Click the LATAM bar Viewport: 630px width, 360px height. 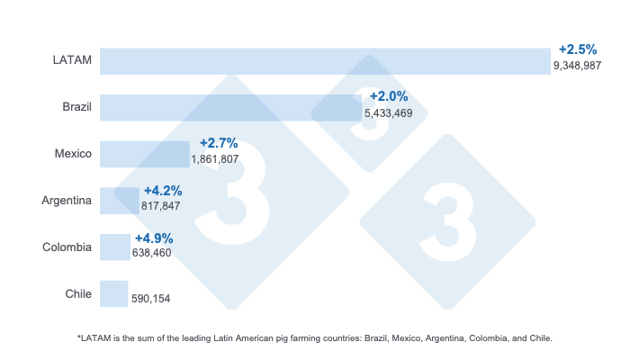[x=324, y=61]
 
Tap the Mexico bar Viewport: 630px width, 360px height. [x=144, y=154]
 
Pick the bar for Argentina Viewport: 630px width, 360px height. [x=119, y=201]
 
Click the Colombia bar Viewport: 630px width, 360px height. [x=114, y=247]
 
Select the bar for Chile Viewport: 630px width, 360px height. [x=113, y=293]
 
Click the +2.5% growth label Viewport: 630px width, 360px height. [x=578, y=49]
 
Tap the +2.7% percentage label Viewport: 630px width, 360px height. [x=218, y=143]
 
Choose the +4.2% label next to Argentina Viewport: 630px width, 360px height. [x=163, y=190]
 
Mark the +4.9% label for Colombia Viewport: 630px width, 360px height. [x=154, y=238]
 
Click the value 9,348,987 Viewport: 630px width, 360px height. [x=577, y=67]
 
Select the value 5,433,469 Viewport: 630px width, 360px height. [x=388, y=113]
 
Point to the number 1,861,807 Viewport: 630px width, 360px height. [x=215, y=159]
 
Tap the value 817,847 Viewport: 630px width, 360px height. [x=161, y=206]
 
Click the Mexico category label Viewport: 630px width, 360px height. [x=73, y=154]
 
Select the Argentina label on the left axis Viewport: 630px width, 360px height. [x=67, y=201]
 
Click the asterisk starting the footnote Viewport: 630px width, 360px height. [x=80, y=337]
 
